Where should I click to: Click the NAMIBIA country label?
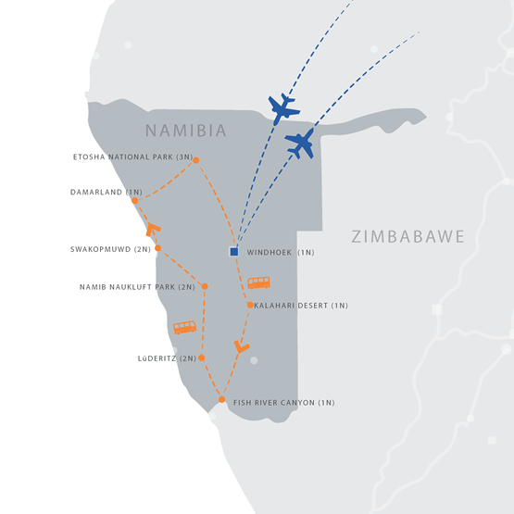point(185,130)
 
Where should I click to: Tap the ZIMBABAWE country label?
point(407,237)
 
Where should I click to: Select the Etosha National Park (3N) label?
point(132,157)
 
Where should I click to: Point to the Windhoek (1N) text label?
point(282,252)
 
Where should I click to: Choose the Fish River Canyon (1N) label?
point(283,403)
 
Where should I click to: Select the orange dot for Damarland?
point(134,200)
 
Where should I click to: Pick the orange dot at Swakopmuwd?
point(158,248)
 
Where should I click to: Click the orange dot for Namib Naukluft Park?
point(204,286)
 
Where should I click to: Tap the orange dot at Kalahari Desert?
point(250,305)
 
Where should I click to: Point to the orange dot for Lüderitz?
point(202,357)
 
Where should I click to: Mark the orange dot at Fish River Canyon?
point(222,399)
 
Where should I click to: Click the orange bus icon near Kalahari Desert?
point(258,282)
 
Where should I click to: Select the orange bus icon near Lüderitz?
point(184,327)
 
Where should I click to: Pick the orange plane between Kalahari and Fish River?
point(242,347)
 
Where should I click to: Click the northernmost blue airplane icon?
point(283,108)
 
